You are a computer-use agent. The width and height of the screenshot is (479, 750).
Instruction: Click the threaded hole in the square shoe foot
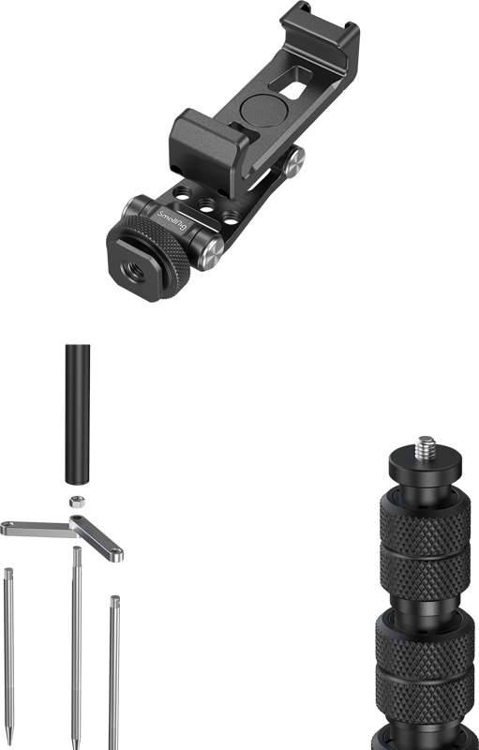pyautogui.click(x=132, y=272)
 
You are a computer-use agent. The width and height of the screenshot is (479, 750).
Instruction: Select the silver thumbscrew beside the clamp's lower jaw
pyautogui.click(x=292, y=161)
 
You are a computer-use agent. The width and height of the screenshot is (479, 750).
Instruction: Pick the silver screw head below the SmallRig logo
pyautogui.click(x=210, y=253)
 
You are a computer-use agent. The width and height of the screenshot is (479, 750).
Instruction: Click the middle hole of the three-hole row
pyautogui.click(x=206, y=205)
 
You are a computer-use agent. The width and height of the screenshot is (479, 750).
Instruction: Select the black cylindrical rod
pyautogui.click(x=78, y=414)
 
